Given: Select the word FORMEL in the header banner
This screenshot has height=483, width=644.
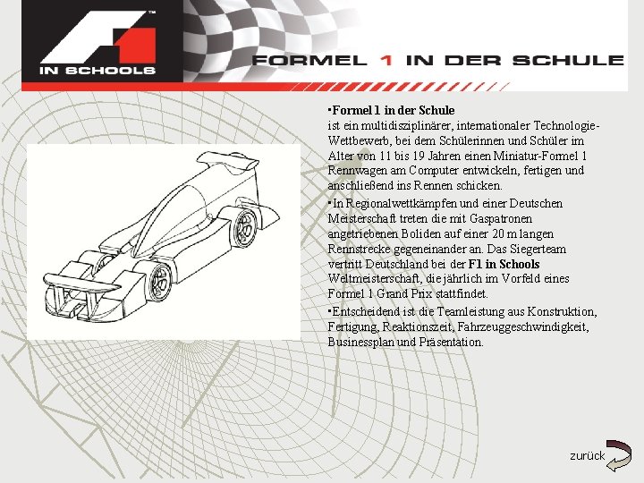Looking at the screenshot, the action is pyautogui.click(x=309, y=61).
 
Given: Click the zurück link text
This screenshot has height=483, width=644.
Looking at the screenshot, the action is pyautogui.click(x=587, y=456).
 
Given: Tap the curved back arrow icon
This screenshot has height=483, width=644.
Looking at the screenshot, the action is pyautogui.click(x=618, y=454).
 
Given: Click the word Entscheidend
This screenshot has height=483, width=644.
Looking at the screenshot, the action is pyautogui.click(x=372, y=311).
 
